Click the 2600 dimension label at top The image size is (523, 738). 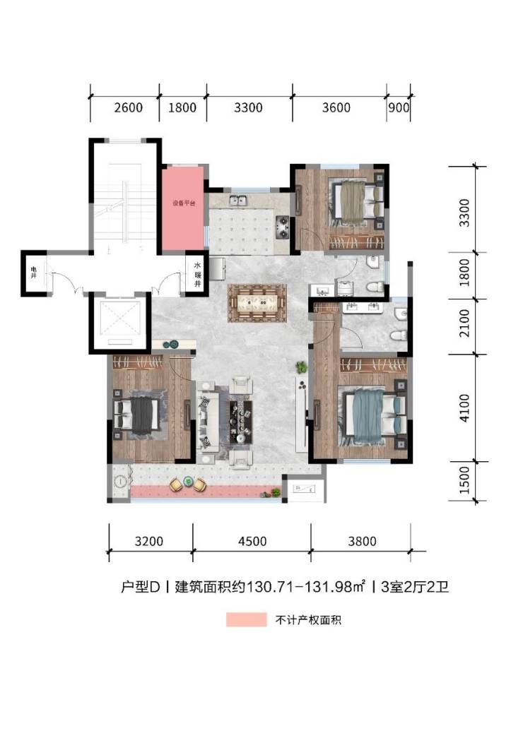(128, 108)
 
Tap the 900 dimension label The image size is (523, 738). (399, 108)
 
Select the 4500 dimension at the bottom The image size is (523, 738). (252, 542)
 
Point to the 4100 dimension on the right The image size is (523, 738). (464, 408)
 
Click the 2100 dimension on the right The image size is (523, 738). (464, 323)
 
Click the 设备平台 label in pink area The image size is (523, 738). (183, 204)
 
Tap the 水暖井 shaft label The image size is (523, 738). (198, 275)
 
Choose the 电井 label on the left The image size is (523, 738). (33, 272)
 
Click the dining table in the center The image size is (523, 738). (257, 304)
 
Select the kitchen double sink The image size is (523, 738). (240, 201)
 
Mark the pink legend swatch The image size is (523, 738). (246, 619)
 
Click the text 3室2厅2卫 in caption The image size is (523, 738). (415, 587)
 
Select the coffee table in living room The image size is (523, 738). (240, 422)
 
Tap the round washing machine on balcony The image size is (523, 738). (121, 482)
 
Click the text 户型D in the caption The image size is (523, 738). (141, 587)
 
